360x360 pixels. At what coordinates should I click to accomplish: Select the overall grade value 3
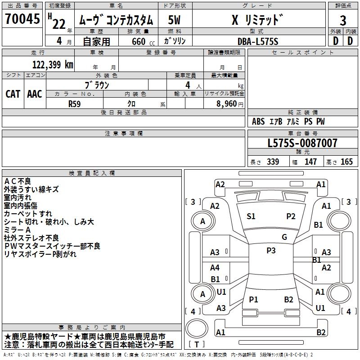[343, 21]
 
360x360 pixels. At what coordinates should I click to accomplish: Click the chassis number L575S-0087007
[302, 144]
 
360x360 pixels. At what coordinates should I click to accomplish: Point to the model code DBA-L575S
[258, 41]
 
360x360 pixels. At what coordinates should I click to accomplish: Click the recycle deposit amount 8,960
[224, 103]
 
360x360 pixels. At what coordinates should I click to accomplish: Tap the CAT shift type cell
[13, 94]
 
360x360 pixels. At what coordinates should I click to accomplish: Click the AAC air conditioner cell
[35, 94]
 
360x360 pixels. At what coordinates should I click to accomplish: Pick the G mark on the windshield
[284, 237]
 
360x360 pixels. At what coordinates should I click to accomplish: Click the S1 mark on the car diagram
[251, 216]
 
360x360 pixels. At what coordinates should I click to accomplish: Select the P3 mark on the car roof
[271, 251]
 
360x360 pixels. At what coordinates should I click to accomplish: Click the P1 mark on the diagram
[253, 300]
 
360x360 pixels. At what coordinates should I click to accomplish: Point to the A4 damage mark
[215, 268]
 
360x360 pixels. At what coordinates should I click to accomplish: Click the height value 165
[346, 162]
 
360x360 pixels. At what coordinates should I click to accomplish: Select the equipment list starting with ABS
[288, 121]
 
